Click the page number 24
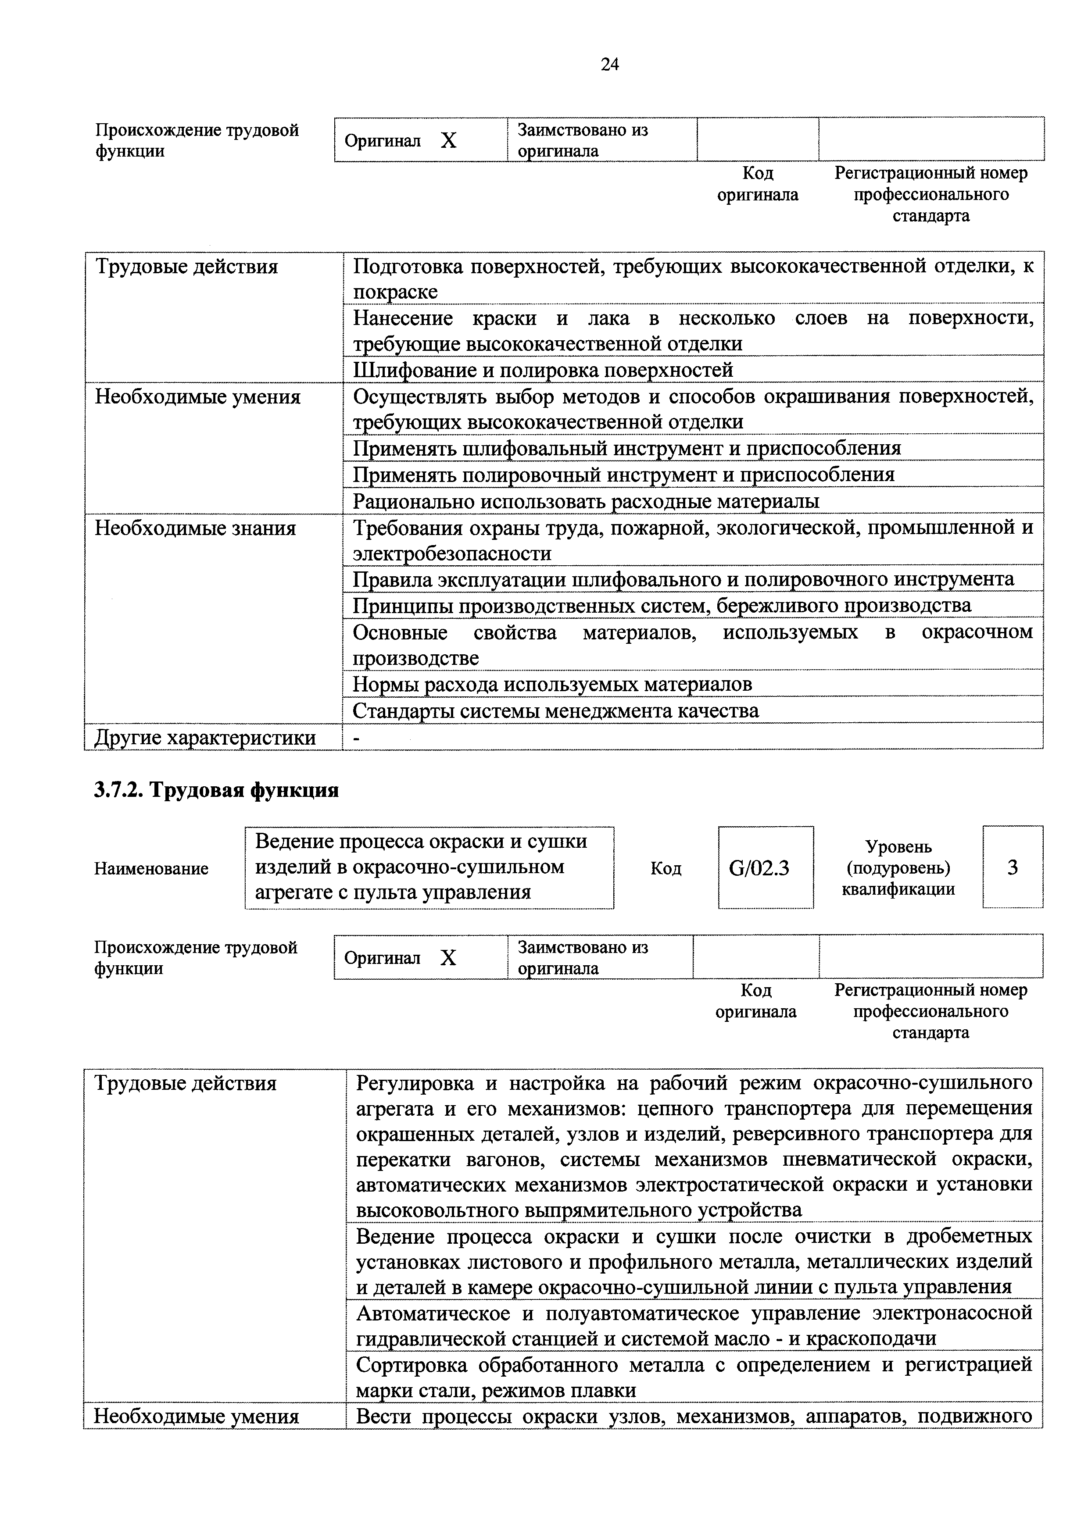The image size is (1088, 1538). [x=610, y=64]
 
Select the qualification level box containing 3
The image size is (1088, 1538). [x=1012, y=867]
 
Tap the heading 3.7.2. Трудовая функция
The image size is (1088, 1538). [x=216, y=790]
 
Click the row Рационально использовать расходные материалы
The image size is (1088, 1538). [x=586, y=501]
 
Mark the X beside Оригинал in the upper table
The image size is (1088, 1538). [x=448, y=141]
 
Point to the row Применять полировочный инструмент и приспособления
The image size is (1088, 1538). [x=623, y=474]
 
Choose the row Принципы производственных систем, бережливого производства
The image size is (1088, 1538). [x=661, y=606]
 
